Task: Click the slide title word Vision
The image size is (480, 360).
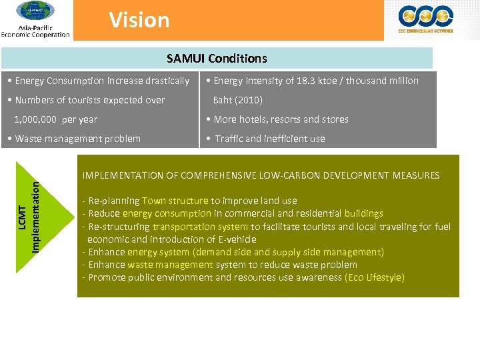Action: coord(139,20)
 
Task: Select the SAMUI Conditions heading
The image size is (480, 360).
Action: coord(217,59)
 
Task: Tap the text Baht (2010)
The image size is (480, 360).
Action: coord(237,100)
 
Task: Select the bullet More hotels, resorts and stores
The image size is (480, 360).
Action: coord(277,119)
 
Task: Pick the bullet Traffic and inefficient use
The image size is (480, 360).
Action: coord(265,139)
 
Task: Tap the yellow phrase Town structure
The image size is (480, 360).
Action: coord(175,201)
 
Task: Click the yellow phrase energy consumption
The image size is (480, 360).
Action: coord(167,213)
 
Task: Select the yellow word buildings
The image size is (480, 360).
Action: coord(363,213)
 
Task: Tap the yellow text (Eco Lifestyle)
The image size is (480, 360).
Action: coord(375,277)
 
